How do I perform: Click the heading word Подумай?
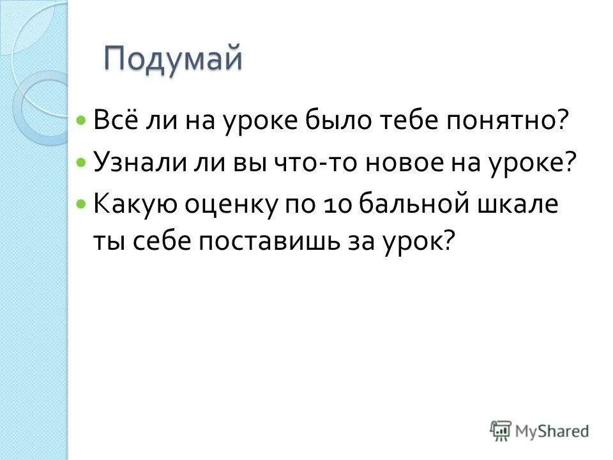click(174, 60)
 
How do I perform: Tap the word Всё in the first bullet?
click(114, 119)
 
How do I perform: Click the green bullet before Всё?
click(80, 120)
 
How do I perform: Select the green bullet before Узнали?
click(80, 163)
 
